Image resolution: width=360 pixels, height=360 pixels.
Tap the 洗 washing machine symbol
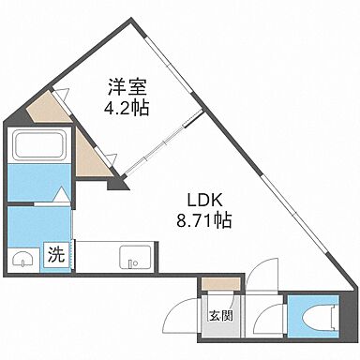click(56, 253)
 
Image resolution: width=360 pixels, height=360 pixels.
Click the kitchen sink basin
click(130, 258)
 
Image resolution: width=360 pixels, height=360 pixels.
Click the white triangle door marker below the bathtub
click(58, 196)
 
